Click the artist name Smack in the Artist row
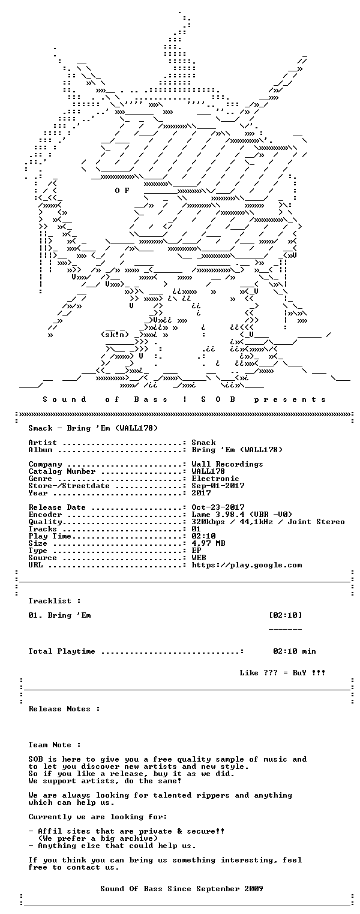pyautogui.click(x=203, y=443)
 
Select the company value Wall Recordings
pyautogui.click(x=227, y=464)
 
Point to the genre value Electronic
pyautogui.click(x=215, y=479)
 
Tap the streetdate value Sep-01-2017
pyautogui.click(x=218, y=486)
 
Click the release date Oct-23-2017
pyautogui.click(x=218, y=507)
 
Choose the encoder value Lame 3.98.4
pyautogui.click(x=218, y=515)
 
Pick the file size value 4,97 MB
pyautogui.click(x=209, y=543)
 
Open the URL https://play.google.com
pyautogui.click(x=247, y=565)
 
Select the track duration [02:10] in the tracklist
pyautogui.click(x=286, y=615)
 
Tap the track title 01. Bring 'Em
pyautogui.click(x=59, y=615)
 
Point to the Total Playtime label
pyautogui.click(x=62, y=651)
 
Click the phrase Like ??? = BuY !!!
pyautogui.click(x=283, y=673)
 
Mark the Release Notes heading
pyautogui.click(x=64, y=709)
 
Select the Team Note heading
pyautogui.click(x=55, y=745)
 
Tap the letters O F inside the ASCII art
pyautogui.click(x=122, y=191)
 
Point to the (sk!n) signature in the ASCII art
pyautogui.click(x=115, y=335)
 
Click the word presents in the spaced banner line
pyautogui.click(x=290, y=399)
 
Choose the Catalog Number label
pyautogui.click(x=62, y=471)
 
